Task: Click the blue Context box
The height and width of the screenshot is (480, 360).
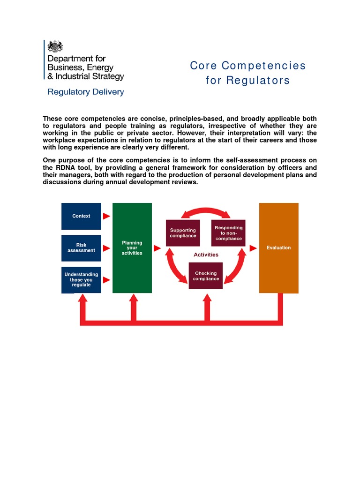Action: pyautogui.click(x=81, y=216)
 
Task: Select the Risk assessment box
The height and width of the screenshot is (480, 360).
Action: pyautogui.click(x=81, y=248)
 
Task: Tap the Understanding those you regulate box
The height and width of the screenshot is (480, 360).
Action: pyautogui.click(x=81, y=280)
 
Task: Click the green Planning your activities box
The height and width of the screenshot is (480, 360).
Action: pyautogui.click(x=132, y=248)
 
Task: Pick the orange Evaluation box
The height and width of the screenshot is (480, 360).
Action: pyautogui.click(x=278, y=248)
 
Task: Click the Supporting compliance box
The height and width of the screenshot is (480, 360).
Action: pyautogui.click(x=183, y=233)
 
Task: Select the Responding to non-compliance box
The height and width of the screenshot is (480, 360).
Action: pyautogui.click(x=228, y=233)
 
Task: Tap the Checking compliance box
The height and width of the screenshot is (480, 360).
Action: pyautogui.click(x=206, y=276)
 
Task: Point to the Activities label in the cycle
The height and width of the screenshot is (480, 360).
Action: pyautogui.click(x=206, y=255)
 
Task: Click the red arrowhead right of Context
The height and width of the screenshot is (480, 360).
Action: pyautogui.click(x=106, y=216)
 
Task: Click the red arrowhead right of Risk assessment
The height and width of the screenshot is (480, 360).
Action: pyautogui.click(x=106, y=248)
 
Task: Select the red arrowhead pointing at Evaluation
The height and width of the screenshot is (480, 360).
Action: pyautogui.click(x=254, y=248)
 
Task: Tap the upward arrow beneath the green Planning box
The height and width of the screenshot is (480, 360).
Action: pyautogui.click(x=134, y=307)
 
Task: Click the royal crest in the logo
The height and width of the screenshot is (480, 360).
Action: pyautogui.click(x=55, y=46)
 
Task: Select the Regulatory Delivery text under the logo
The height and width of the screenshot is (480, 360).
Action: pyautogui.click(x=85, y=92)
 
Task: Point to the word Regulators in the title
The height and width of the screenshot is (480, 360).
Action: pyautogui.click(x=258, y=81)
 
